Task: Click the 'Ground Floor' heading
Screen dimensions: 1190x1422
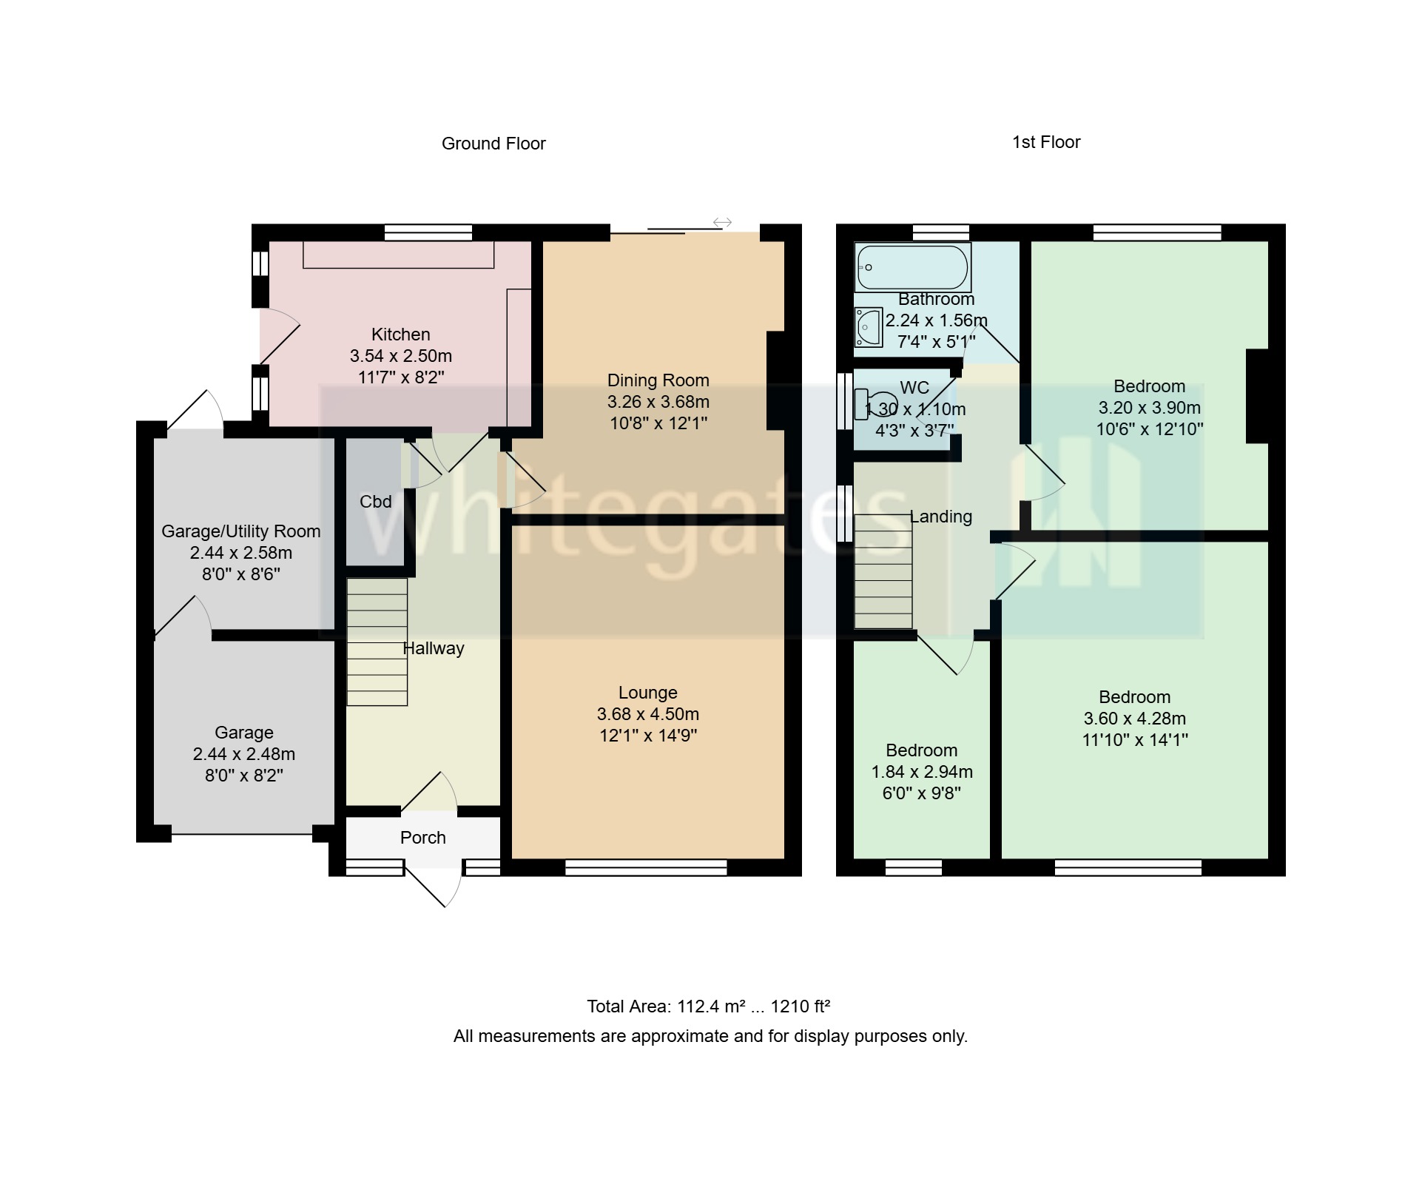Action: tap(493, 144)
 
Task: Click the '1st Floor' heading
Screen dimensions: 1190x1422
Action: tap(1045, 142)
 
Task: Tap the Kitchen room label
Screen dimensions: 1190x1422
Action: tap(400, 335)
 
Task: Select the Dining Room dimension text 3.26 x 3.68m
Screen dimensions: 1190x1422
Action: tap(658, 402)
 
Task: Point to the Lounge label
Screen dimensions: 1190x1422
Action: tap(647, 693)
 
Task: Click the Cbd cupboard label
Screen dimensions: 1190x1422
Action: tap(375, 502)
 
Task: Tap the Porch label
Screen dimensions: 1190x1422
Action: tap(422, 838)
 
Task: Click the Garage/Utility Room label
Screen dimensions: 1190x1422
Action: tap(240, 531)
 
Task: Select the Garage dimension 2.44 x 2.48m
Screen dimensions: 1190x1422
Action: tap(243, 754)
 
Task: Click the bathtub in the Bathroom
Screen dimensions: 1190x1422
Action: tap(912, 267)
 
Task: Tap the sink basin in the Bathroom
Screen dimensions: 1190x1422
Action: tap(868, 326)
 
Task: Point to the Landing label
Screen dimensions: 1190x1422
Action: tap(940, 517)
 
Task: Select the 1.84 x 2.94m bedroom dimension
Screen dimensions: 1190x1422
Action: tap(921, 772)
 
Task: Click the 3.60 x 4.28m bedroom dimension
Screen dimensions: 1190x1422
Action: tap(1134, 719)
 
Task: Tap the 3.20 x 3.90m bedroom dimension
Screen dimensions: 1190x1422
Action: tap(1149, 408)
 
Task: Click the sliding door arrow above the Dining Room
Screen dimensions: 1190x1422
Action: tap(722, 222)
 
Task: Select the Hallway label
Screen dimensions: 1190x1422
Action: tap(434, 648)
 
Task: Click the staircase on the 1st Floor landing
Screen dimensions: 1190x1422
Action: tap(883, 571)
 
